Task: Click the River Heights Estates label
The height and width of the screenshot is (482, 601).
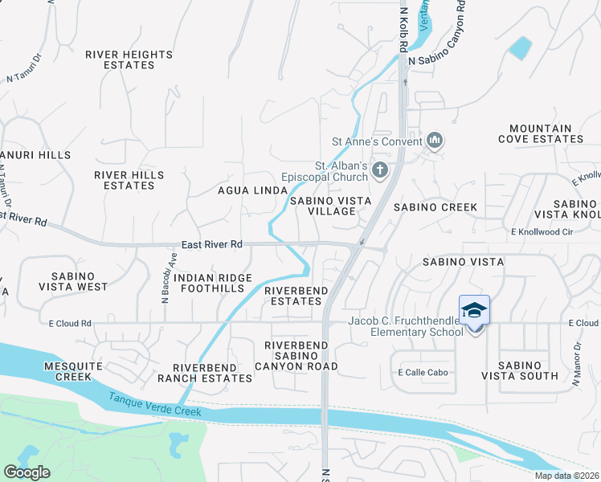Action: (x=129, y=59)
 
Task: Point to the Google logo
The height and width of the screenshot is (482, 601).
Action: (x=27, y=472)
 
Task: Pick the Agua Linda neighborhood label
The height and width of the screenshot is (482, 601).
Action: (x=252, y=190)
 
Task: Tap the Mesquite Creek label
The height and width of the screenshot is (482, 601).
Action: (x=67, y=370)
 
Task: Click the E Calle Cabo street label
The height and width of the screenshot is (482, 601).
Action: (x=422, y=373)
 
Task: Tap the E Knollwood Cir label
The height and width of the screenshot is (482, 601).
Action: (x=544, y=232)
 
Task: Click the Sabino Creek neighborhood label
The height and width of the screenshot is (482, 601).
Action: (x=435, y=207)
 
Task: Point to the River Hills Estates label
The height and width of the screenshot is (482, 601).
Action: (x=129, y=180)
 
